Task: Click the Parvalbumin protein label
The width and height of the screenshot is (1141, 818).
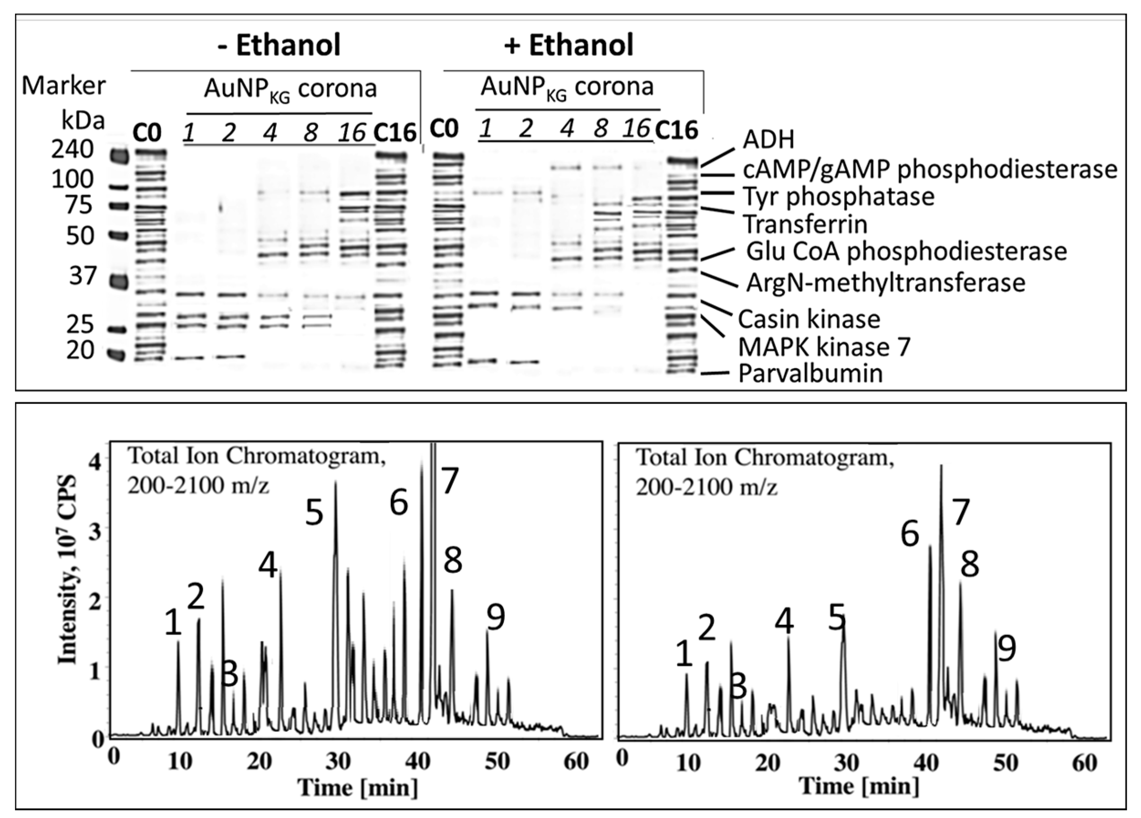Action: pos(810,374)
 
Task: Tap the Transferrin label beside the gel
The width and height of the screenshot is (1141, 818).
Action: pos(805,224)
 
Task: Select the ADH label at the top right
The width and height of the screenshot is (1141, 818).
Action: pos(768,140)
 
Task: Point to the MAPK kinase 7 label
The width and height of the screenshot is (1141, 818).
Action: pos(824,347)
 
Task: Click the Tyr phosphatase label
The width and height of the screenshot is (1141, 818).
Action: pos(839,196)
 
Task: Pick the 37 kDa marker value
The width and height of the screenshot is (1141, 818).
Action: pos(82,276)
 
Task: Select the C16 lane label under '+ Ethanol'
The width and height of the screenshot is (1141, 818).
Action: pos(677,131)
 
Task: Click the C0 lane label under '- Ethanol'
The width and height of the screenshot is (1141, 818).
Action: pos(147,133)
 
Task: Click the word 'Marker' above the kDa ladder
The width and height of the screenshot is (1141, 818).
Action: pos(64,86)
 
